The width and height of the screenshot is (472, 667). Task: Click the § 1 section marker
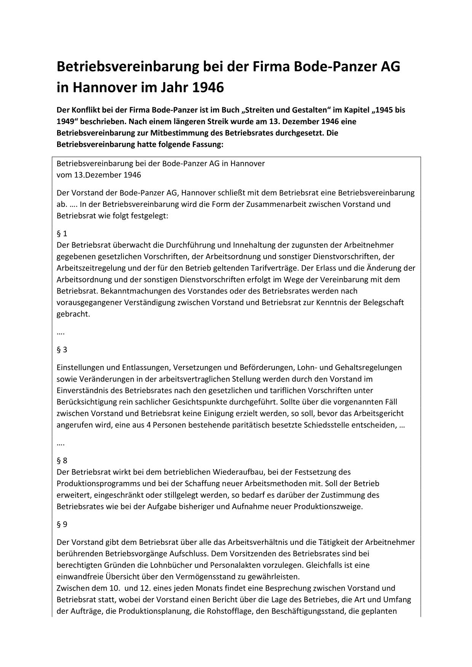[x=62, y=234]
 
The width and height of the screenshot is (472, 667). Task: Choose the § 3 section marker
[x=62, y=350]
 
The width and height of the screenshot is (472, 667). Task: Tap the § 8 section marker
[x=62, y=461]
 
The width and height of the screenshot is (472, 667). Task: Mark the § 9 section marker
[x=62, y=524]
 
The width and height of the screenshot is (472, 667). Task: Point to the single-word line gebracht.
[x=73, y=315]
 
